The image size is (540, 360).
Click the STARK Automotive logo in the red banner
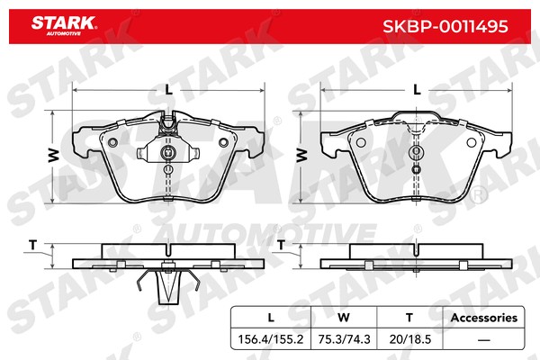coord(64,26)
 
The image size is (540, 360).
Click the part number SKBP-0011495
coord(445,26)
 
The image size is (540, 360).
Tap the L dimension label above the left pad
coord(168,90)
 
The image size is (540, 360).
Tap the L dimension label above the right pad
coord(417,90)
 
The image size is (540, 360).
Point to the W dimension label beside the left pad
coord(54,156)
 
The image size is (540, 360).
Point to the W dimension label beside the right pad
coord(301,156)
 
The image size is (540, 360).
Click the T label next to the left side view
coord(32,245)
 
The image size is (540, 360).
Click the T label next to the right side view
coord(281,245)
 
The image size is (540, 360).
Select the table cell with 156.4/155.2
coord(271,339)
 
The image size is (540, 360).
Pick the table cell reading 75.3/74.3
coord(344,339)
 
